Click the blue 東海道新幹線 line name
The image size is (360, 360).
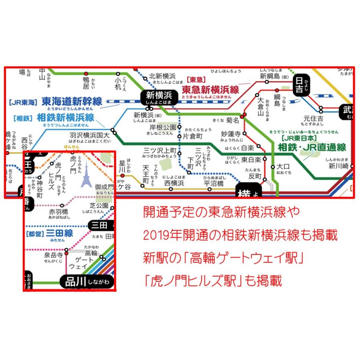point(72,101)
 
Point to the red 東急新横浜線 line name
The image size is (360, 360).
point(210,90)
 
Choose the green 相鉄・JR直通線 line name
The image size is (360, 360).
point(312,147)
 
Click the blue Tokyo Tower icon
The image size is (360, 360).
point(86,178)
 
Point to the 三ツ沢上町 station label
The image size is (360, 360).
point(160,150)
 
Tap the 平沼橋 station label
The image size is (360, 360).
point(213,184)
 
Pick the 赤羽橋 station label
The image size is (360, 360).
point(58,211)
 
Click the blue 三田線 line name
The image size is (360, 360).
point(60,233)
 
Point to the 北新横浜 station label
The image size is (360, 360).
point(162,76)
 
